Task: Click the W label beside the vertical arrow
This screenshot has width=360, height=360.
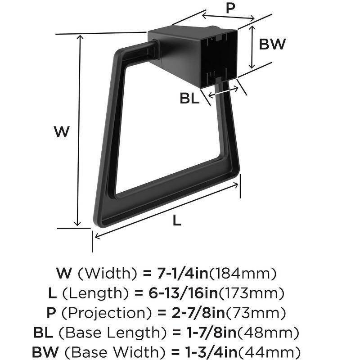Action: [x=62, y=132]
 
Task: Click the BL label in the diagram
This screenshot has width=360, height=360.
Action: [x=189, y=98]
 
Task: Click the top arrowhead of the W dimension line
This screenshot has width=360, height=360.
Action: [x=81, y=38]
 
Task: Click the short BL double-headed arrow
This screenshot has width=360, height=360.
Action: [x=223, y=91]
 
